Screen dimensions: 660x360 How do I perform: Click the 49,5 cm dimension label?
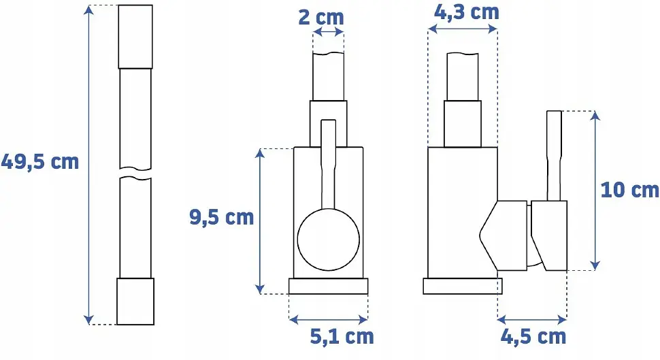40,162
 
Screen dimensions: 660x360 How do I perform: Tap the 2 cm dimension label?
321,17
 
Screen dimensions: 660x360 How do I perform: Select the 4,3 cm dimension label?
466,12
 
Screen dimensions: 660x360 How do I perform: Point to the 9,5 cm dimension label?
221,217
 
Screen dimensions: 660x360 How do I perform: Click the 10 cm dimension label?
629,190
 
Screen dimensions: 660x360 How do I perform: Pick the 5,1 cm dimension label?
342,336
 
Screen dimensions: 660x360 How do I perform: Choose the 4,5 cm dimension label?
533,337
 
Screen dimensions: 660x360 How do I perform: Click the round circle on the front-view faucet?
329,239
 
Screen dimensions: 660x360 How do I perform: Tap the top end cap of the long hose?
135,37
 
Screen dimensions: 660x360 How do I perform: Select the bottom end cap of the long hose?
135,301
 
